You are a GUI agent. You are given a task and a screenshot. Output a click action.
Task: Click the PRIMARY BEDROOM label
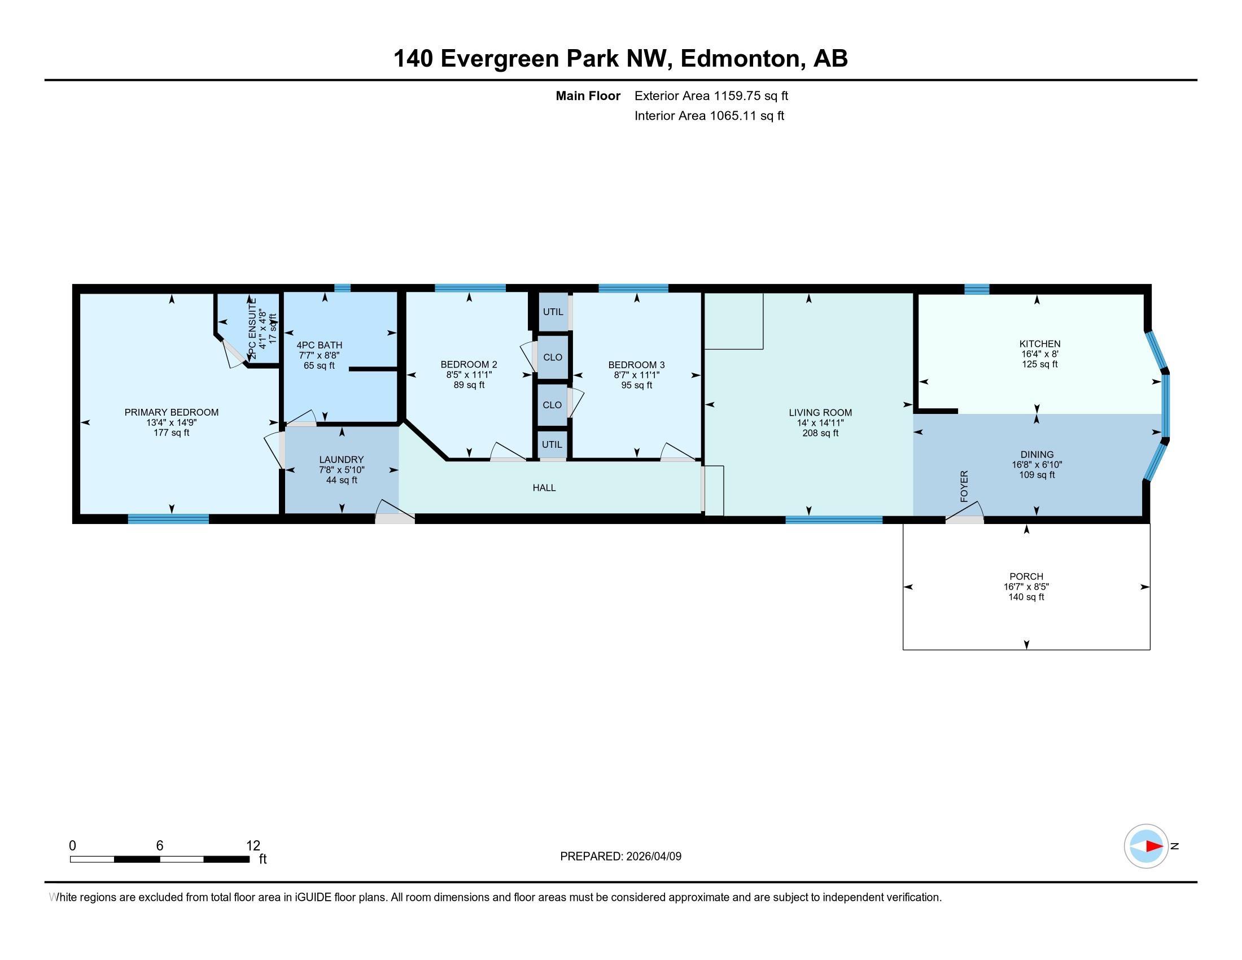coord(171,412)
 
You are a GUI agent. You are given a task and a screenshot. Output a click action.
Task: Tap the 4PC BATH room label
coord(319,345)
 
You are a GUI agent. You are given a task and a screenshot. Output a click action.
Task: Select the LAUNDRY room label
coord(341,460)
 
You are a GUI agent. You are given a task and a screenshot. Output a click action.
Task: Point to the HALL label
coord(544,488)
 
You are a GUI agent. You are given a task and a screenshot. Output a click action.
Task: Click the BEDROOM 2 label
coord(469,365)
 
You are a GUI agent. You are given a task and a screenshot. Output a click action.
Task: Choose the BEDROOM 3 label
coord(636,365)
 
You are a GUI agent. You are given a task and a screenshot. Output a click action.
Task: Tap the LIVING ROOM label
coord(820,413)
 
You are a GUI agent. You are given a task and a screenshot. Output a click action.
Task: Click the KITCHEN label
coord(1039,344)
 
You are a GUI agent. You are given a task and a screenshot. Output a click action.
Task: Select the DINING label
coord(1037,455)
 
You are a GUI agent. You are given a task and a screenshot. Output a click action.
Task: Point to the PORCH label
coord(1026,577)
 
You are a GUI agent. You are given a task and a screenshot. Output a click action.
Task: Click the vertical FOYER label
coord(964,486)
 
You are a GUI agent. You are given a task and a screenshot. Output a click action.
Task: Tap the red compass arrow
coord(1154,846)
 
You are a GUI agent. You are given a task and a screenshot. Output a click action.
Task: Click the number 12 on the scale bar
coord(253,846)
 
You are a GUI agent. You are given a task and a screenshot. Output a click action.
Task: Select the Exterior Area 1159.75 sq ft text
coord(711,96)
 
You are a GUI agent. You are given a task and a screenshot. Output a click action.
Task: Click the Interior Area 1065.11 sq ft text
coord(709,116)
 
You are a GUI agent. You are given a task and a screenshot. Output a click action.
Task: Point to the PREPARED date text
coord(620,857)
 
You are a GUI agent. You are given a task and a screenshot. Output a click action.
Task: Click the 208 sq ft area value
coord(820,433)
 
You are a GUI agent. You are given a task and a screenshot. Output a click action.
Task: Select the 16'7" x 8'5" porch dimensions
coord(1026,587)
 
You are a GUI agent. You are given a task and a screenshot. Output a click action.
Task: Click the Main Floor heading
coord(588,96)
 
